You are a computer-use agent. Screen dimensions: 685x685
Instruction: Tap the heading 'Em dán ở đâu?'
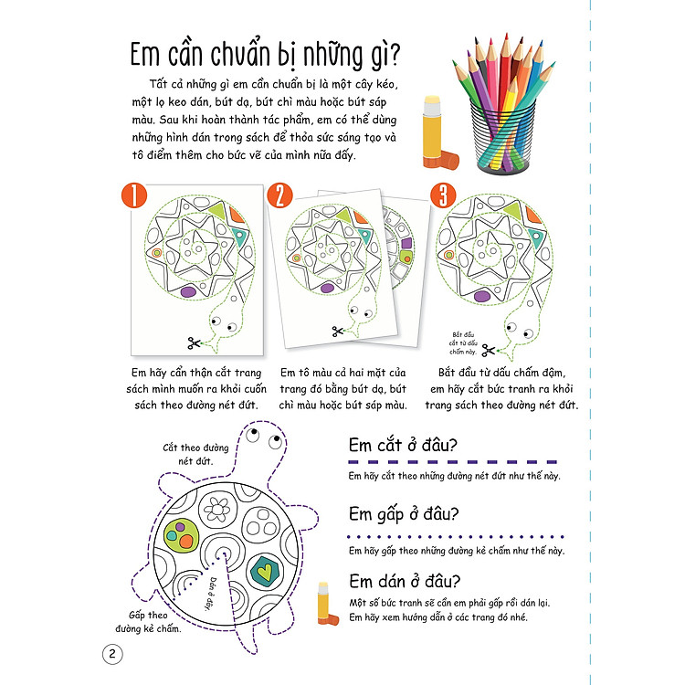[405, 582]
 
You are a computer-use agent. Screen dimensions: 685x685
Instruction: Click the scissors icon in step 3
[489, 348]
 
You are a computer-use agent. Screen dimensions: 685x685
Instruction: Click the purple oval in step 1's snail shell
[190, 291]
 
